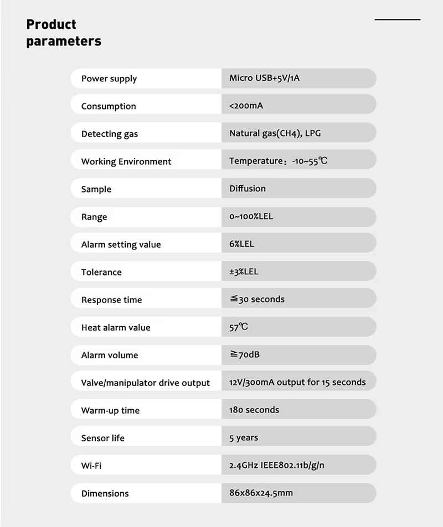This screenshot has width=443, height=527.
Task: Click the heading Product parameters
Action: pos(64,33)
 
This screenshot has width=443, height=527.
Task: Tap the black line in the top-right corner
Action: pos(397,19)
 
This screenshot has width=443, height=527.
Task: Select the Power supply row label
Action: pos(109,79)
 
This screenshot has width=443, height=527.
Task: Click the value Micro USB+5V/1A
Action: pos(265,78)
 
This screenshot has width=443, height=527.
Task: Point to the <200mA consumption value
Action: pos(246,106)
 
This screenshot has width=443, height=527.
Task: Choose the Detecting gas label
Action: pos(110,134)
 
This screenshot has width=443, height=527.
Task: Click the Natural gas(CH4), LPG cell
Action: pos(275,133)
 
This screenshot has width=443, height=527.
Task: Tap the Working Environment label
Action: pos(126,161)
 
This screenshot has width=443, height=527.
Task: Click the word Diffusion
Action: pos(248,189)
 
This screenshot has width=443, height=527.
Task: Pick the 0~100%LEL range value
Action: pos(251,216)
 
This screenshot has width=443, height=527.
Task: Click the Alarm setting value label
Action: pos(121,244)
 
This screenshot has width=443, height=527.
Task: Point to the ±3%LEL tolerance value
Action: pos(244,272)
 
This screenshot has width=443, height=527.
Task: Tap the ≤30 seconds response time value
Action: pos(257,299)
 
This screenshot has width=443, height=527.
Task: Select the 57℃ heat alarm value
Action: pos(239,327)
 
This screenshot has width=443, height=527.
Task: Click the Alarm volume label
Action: pos(110,355)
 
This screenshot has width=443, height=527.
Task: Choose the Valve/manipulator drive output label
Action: pos(146,383)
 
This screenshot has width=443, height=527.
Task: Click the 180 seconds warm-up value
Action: pos(254,410)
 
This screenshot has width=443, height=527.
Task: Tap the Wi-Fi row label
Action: pos(91,466)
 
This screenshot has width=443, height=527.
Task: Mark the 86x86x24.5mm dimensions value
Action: pos(261,493)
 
